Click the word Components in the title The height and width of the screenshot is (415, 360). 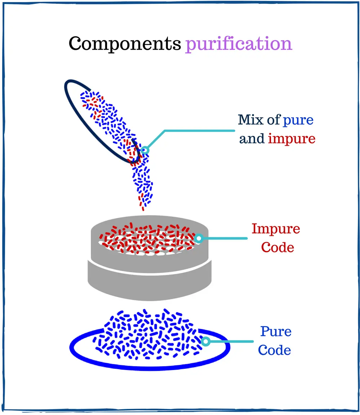(125, 44)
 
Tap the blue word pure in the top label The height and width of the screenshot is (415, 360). (298, 120)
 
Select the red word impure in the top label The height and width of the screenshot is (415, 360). (292, 139)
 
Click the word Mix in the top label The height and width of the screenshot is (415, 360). (251, 120)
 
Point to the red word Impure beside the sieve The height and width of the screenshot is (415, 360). (276, 229)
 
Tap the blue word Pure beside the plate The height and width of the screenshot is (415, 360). (276, 331)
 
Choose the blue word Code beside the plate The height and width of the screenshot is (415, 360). (275, 350)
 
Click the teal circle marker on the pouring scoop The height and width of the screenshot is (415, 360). (145, 150)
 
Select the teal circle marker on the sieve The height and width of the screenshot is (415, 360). (198, 238)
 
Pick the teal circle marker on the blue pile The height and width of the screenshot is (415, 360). (205, 341)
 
